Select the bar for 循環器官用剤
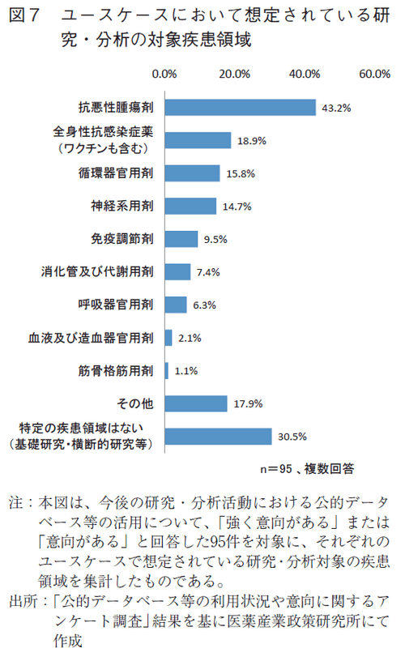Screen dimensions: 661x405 coord(193,173)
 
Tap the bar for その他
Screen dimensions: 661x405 coord(196,403)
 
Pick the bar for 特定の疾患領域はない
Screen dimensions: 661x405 coord(218,436)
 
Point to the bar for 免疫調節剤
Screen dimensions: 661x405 coord(181,239)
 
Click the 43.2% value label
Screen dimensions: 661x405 coord(335,107)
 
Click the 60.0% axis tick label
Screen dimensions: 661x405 coord(375,74)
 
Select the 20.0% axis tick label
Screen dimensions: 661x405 coord(235,74)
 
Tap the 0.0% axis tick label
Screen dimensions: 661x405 coord(165,74)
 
